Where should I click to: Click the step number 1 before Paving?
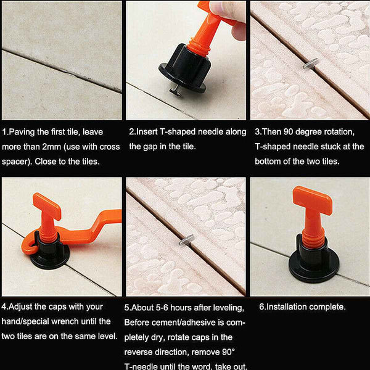[5, 132]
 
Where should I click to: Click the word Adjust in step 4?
[23, 306]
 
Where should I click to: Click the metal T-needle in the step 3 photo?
[311, 61]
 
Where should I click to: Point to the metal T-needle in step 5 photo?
[187, 239]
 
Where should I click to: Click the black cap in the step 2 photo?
[182, 69]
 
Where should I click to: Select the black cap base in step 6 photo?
[313, 265]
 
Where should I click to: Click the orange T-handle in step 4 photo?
[47, 207]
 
